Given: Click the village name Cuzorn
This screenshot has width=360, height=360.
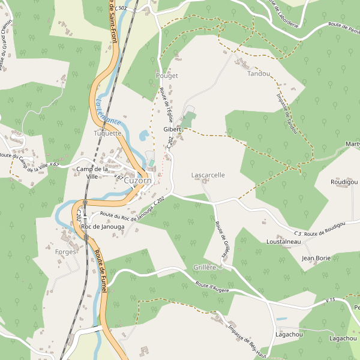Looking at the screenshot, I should click(138, 180).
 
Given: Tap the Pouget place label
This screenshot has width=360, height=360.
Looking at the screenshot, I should click(167, 76).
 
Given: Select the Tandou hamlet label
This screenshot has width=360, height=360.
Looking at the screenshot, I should click(259, 74).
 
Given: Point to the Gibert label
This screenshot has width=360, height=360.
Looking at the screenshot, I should click(172, 129).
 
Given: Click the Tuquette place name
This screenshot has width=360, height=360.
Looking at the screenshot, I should click(107, 133).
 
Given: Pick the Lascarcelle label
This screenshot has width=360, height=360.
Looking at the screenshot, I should click(208, 175).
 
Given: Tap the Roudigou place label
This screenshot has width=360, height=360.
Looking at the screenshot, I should click(343, 182).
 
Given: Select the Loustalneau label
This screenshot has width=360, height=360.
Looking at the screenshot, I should click(283, 241).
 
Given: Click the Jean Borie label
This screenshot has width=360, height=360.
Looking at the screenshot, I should click(316, 258).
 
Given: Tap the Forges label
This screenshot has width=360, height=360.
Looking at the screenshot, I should click(65, 252).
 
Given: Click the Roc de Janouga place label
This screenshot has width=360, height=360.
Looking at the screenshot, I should click(103, 227).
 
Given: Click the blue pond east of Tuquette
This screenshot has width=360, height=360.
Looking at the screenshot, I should click(144, 136).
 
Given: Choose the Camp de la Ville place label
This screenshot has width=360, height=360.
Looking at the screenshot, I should click(92, 173).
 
